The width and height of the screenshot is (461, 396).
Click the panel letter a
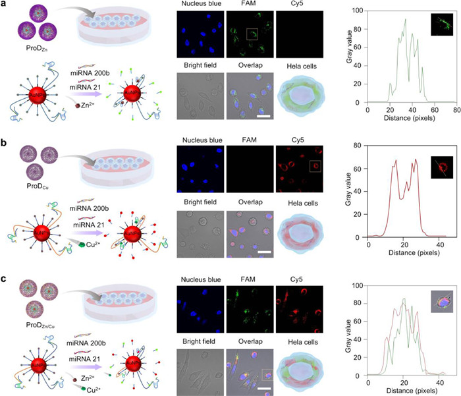click(x=4, y=5)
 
